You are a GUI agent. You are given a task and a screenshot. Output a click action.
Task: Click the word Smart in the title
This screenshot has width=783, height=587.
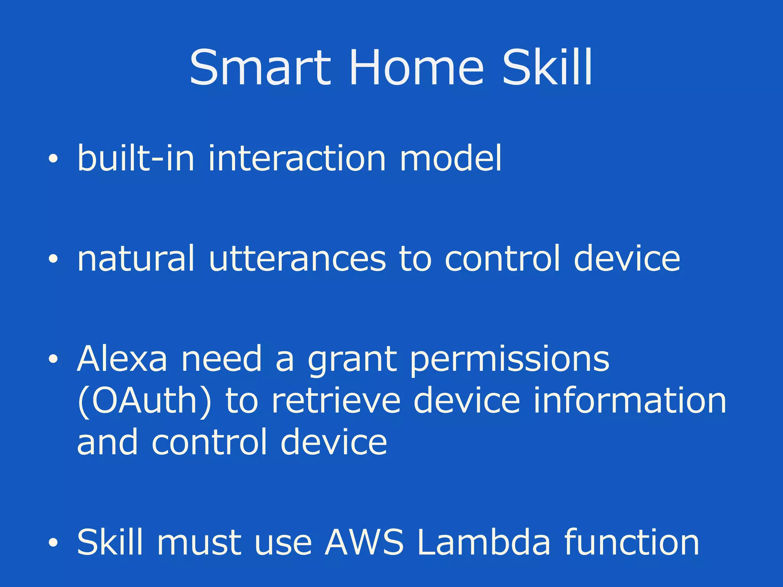pos(260,68)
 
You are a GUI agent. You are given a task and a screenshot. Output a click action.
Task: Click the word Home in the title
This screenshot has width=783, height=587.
pos(416,68)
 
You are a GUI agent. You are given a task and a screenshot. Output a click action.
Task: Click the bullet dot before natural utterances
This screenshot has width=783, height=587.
pos(53,259)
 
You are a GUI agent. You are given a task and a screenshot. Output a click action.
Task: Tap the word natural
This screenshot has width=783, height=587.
pos(136,259)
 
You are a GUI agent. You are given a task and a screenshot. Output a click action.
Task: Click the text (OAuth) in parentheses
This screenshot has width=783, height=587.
pos(144,401)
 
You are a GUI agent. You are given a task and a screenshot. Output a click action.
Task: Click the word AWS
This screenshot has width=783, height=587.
pos(364,542)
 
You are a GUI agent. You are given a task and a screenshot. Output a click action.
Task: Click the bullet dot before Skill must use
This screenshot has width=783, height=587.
pos(53,542)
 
